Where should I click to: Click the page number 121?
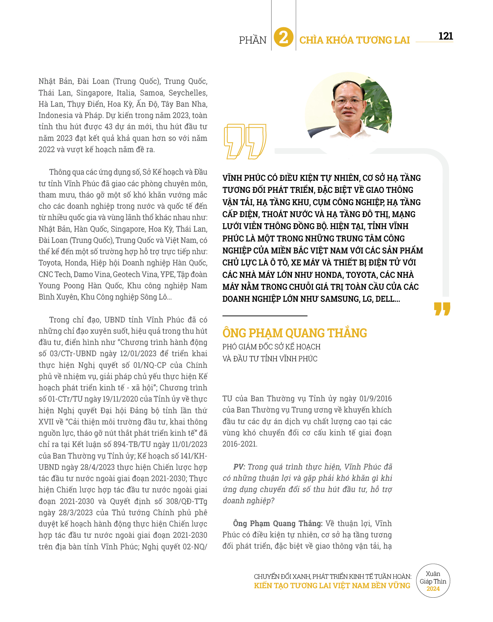[x=445, y=36]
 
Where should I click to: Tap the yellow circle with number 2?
[x=284, y=37]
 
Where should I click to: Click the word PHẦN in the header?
[x=253, y=40]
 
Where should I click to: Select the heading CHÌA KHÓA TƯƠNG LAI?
[x=354, y=40]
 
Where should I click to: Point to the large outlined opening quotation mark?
[x=245, y=141]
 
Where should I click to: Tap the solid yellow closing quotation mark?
[x=442, y=309]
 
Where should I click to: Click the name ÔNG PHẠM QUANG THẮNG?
[x=294, y=333]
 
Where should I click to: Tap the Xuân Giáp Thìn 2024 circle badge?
[x=433, y=581]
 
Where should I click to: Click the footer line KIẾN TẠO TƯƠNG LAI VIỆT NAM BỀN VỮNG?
[x=332, y=586]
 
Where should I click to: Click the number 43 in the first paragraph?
[x=109, y=127]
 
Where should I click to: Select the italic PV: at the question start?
[x=239, y=467]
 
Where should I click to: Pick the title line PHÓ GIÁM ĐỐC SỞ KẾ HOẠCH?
[x=272, y=347]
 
